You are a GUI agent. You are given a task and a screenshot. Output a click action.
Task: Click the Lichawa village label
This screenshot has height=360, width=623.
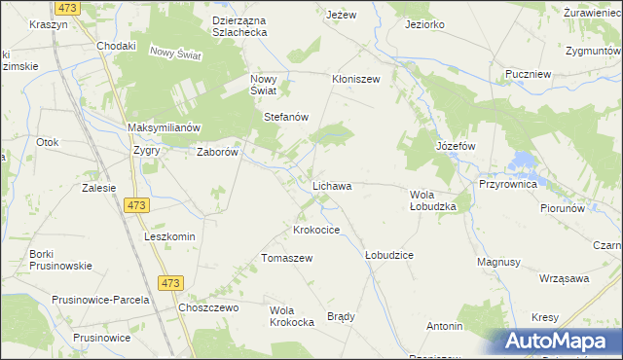(331, 185)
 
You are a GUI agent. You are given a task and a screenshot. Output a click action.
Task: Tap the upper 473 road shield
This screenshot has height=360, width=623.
(136, 206)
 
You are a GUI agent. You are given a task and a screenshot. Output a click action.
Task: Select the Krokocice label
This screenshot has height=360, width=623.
(316, 231)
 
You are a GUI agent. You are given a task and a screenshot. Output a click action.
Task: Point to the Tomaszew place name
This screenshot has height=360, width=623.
(286, 258)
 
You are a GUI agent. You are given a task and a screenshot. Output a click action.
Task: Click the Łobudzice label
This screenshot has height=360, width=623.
(388, 255)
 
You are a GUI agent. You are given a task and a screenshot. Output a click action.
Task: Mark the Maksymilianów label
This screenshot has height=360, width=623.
(164, 128)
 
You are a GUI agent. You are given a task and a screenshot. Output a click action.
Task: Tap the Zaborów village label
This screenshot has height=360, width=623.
(218, 152)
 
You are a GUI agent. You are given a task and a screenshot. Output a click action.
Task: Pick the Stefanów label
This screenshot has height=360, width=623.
(286, 117)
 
